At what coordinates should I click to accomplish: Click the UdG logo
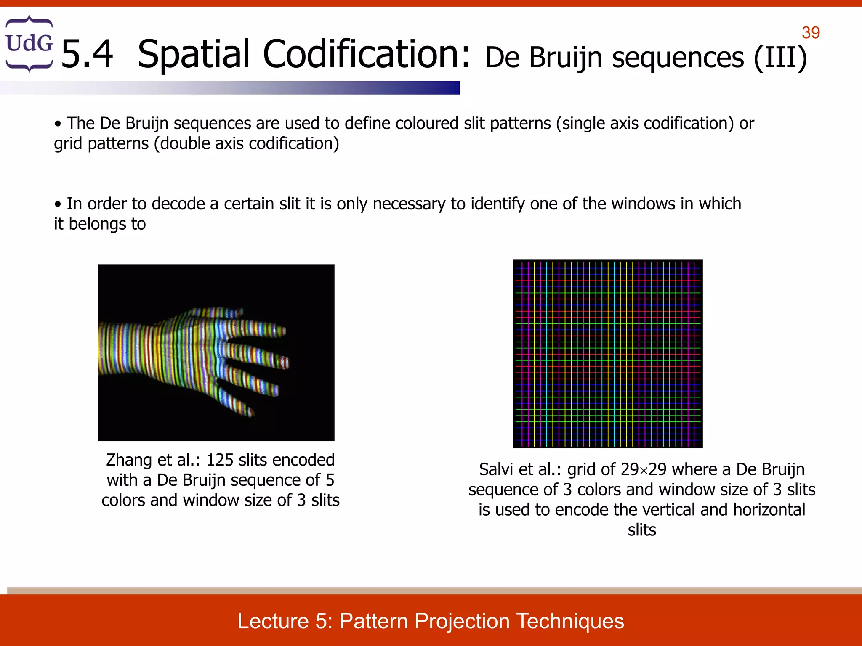[x=29, y=43]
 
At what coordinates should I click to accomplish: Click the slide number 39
[x=811, y=33]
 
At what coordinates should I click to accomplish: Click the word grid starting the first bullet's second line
[x=68, y=144]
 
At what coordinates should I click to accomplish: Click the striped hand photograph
[x=216, y=352]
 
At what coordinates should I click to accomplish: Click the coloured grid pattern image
[x=607, y=353]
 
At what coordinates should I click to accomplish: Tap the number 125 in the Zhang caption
[x=220, y=460]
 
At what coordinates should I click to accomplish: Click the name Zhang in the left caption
[x=129, y=460]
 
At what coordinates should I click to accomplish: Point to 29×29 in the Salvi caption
[x=644, y=469]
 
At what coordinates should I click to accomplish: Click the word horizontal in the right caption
[x=769, y=510]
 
